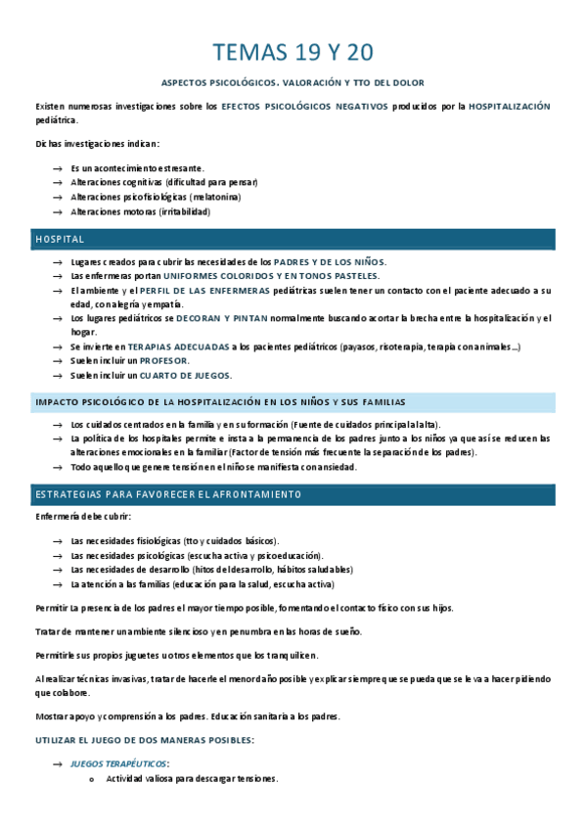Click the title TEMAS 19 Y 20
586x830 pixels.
click(x=293, y=52)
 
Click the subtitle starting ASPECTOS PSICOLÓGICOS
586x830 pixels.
click(x=293, y=82)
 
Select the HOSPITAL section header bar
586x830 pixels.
click(x=293, y=239)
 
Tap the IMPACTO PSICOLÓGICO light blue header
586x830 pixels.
click(x=293, y=402)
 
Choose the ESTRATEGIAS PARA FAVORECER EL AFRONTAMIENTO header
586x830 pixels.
click(x=293, y=494)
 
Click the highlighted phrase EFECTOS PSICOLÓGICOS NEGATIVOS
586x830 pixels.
click(x=304, y=106)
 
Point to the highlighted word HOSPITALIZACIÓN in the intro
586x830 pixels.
click(x=509, y=106)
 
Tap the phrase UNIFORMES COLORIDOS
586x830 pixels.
click(x=214, y=276)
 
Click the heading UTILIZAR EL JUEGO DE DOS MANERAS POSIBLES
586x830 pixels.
click(x=144, y=740)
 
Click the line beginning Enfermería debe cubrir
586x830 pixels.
click(x=83, y=517)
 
